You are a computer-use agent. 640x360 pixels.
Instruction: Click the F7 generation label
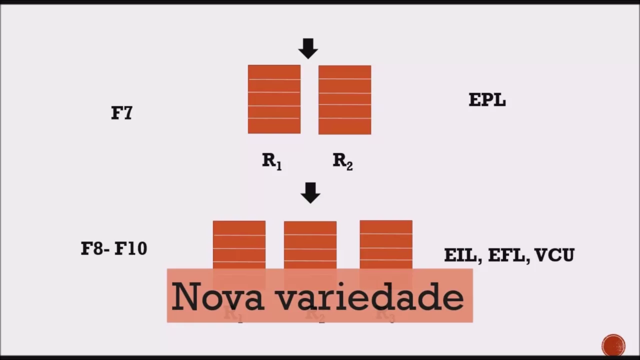coord(121,112)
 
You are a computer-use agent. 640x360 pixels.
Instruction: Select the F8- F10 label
coord(114,248)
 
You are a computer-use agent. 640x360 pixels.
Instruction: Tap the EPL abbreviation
coord(487,100)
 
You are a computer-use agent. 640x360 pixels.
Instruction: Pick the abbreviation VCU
coord(554,255)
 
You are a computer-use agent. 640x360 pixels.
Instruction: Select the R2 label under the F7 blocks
coord(343,161)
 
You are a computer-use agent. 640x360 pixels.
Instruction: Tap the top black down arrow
coord(308,48)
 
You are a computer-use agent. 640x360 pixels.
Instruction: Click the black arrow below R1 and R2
coord(310,192)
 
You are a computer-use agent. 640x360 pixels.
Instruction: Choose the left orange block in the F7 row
coord(274,99)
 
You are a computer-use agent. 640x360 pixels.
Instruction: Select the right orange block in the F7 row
coord(344,99)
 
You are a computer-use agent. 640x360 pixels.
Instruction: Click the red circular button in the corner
coord(613,345)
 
